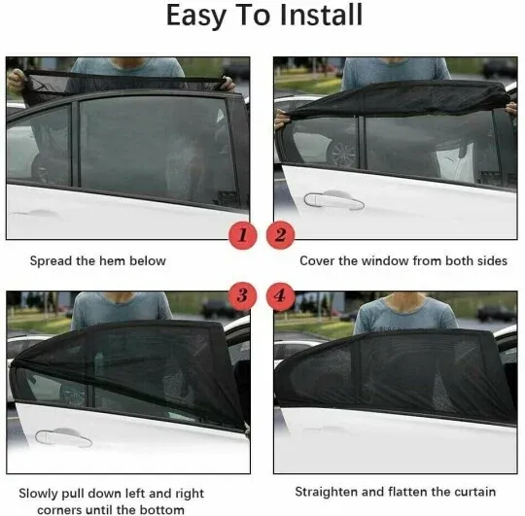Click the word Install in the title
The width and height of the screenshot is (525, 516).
pyautogui.click(x=320, y=17)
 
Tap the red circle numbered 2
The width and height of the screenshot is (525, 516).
pyautogui.click(x=280, y=235)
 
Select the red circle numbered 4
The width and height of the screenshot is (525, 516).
pyautogui.click(x=280, y=294)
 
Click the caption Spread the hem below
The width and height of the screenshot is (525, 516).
pyautogui.click(x=97, y=260)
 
